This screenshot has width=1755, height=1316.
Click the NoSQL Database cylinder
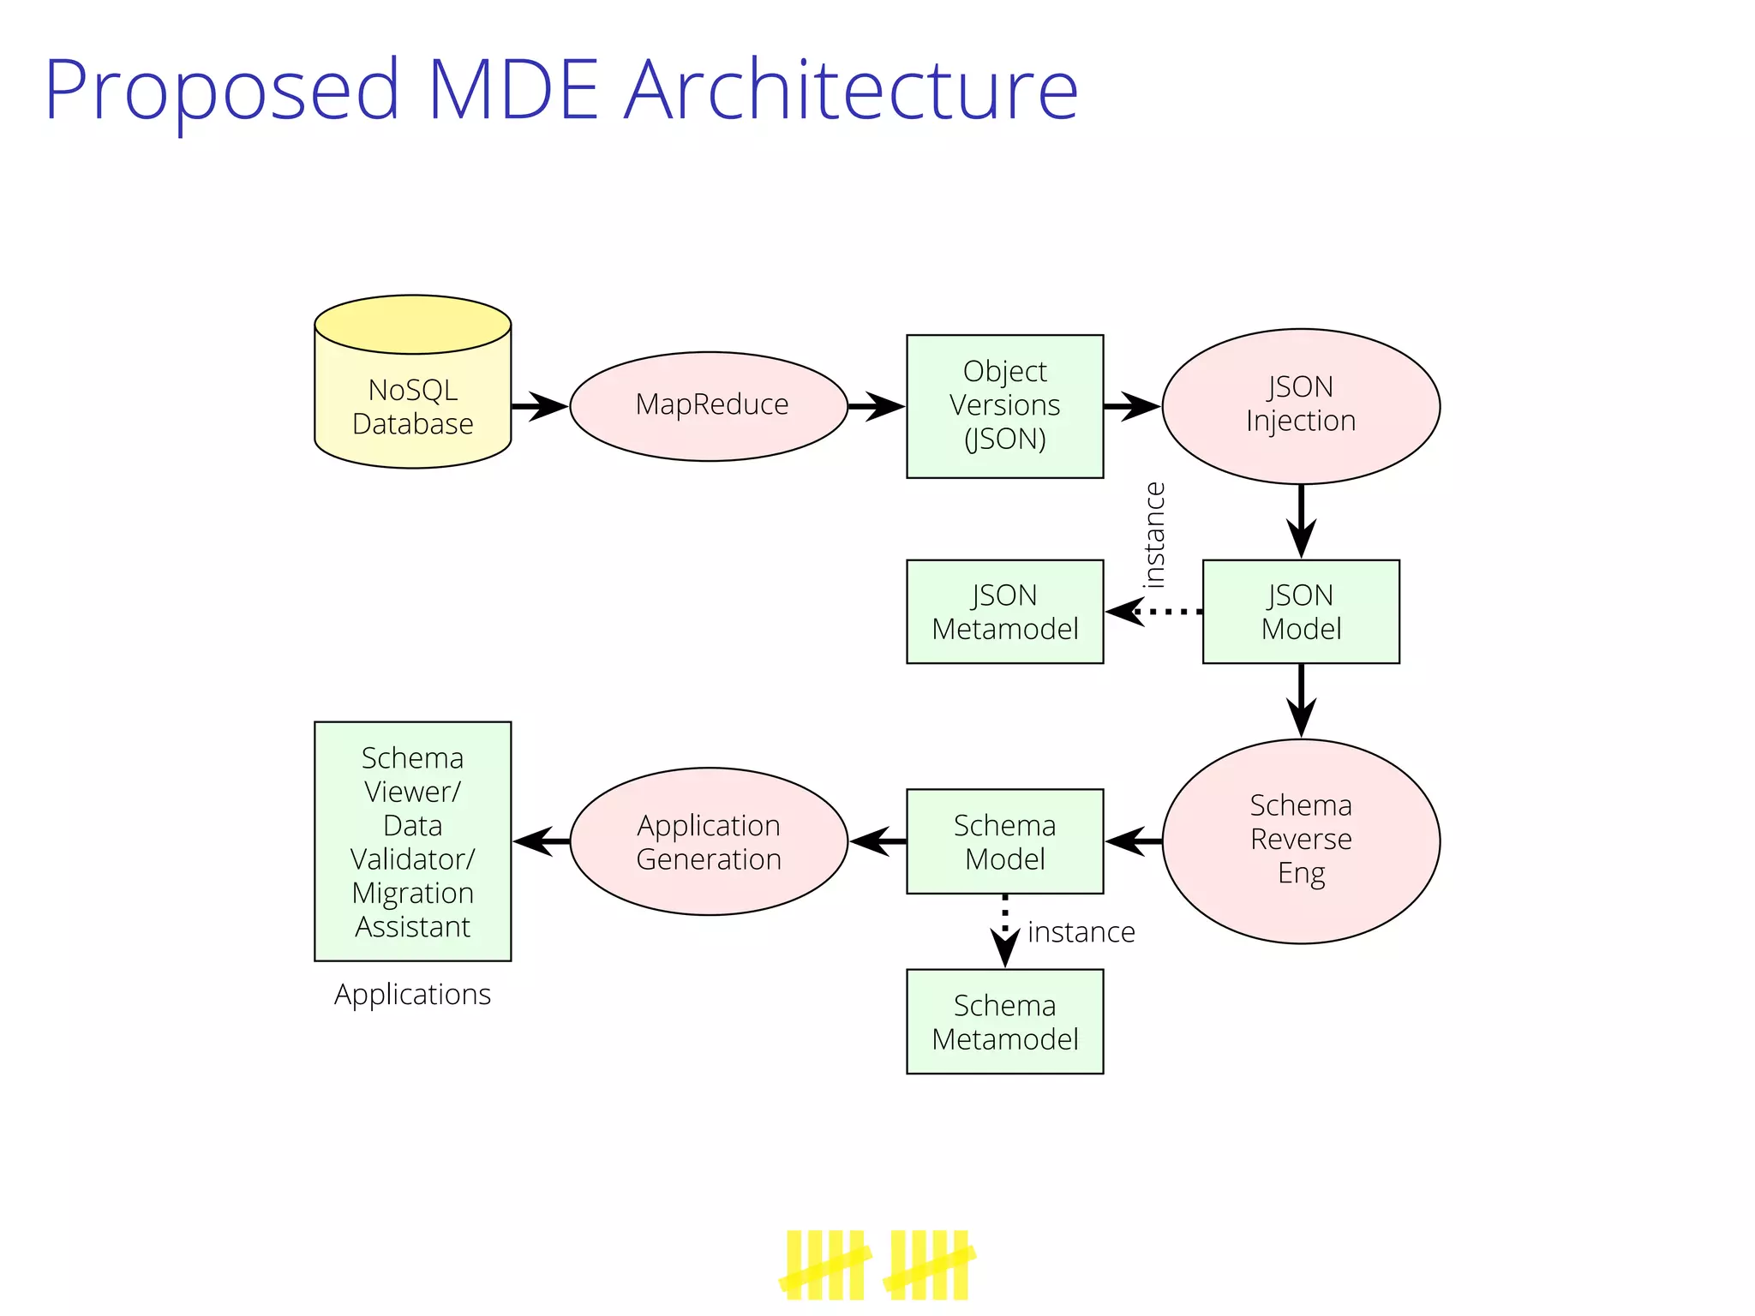pos(412,394)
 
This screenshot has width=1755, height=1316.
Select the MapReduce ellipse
pos(709,406)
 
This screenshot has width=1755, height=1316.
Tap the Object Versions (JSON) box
pos(1004,406)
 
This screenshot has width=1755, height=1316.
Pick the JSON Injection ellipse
pos(1300,406)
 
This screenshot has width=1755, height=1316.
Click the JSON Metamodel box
pos(1004,612)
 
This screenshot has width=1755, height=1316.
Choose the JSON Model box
pos(1300,612)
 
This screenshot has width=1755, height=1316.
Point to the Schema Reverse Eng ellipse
pos(1300,840)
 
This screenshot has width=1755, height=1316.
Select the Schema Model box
pos(1004,840)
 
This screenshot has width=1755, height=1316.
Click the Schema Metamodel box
pos(1004,1021)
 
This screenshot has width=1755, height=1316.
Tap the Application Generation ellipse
pos(709,840)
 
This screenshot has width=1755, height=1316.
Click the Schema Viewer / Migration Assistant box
pos(412,840)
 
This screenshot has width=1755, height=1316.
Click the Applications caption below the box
pos(412,994)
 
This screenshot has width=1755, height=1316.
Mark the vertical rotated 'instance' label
pos(1154,535)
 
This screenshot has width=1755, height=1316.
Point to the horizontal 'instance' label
pos(1081,932)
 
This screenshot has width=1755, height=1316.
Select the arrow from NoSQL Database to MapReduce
pos(539,406)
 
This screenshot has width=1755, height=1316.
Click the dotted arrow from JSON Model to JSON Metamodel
pos(1153,612)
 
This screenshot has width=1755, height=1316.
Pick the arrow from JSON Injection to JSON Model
pos(1300,521)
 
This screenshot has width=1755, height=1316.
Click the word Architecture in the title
pos(850,89)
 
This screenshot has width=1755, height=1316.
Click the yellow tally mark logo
pos(877,1265)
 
